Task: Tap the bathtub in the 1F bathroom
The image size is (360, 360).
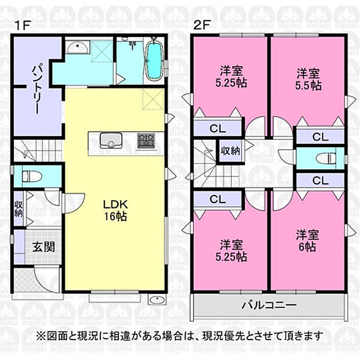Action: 153,60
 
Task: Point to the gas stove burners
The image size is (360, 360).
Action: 145,141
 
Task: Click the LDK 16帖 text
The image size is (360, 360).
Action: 115,211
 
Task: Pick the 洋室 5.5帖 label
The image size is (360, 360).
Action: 308,79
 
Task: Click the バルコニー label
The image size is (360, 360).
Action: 269,305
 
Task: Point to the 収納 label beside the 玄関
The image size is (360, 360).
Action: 19,209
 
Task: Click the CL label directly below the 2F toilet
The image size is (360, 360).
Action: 320,181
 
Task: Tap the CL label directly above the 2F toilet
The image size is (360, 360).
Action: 320,136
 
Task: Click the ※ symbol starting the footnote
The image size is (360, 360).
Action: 40,336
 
